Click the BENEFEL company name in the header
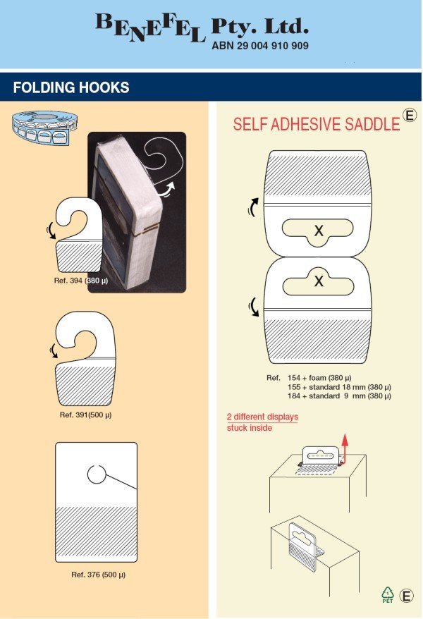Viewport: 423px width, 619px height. coord(150,27)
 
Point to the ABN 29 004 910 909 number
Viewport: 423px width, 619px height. coord(260,46)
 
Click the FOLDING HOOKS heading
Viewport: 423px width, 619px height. coord(71,87)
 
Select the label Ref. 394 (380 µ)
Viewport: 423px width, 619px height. coord(81,281)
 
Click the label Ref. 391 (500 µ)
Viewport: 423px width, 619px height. coord(85,415)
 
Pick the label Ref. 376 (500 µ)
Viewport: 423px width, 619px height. coord(98,575)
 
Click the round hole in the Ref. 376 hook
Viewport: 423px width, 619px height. coord(97,474)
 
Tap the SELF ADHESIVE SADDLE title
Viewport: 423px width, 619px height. coord(317,124)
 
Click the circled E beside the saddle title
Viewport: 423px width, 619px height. coord(410,115)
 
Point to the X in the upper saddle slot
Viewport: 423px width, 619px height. coord(319,230)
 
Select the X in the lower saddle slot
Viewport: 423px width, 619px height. coord(319,281)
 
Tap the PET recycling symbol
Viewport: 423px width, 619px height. coord(388,595)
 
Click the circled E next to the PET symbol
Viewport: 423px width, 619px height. coord(406,596)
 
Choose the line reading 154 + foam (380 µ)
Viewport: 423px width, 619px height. coord(319,378)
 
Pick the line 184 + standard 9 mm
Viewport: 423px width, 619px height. coord(339,396)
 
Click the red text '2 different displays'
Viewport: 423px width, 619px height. coord(262,417)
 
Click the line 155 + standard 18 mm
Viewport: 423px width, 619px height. coord(339,387)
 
